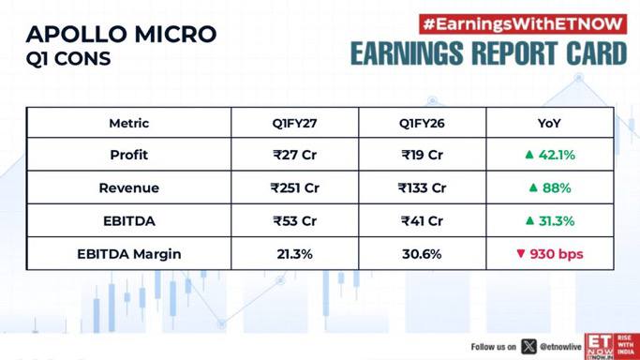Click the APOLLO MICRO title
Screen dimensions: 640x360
[x=121, y=34]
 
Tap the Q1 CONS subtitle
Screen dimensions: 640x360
[x=68, y=58]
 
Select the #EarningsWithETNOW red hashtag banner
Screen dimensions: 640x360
[x=523, y=24]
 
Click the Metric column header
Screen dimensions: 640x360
[x=129, y=123]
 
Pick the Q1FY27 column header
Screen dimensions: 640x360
[x=294, y=123]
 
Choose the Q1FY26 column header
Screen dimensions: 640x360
[x=422, y=123]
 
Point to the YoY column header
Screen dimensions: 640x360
[x=549, y=123]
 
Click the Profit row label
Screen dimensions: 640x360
[x=129, y=155]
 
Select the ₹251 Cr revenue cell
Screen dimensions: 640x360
[x=294, y=187]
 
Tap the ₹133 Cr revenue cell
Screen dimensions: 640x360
[x=422, y=187]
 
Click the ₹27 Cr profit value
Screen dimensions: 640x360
[x=294, y=155]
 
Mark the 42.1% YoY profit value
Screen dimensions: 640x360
[x=557, y=155]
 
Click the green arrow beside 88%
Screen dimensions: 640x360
[x=533, y=187]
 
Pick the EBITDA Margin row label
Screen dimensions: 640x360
[x=129, y=254]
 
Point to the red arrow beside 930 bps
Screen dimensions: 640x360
[x=520, y=253]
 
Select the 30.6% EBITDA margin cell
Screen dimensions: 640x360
[x=422, y=254]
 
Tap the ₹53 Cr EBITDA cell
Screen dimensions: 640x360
[x=294, y=221]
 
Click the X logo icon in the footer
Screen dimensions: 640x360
[x=528, y=347]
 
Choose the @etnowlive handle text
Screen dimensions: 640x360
[x=560, y=347]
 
